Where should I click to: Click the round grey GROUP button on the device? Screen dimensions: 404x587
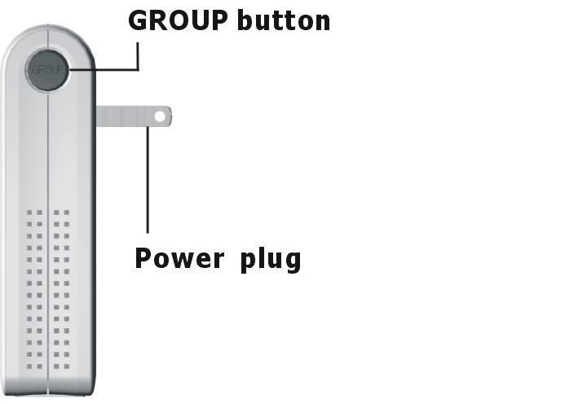47,70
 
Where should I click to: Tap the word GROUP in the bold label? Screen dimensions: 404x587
179,20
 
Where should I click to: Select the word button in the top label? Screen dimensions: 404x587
284,20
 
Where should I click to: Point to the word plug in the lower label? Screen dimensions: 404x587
271,260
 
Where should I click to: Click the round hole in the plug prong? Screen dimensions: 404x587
160,116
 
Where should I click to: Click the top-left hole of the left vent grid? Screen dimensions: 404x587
29,213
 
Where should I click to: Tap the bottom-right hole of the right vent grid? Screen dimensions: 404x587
67,355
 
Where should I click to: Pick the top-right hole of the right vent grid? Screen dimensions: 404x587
67,213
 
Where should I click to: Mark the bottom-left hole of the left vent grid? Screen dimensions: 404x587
29,355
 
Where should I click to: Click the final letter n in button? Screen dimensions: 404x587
322,22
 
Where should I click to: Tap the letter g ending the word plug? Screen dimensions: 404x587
292,261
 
